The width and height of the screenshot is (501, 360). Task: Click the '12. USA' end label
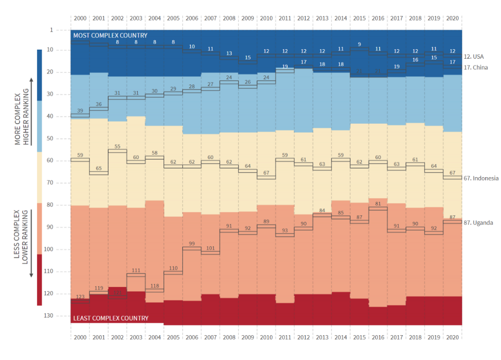point(473,56)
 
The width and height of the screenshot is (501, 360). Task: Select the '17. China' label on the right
point(476,67)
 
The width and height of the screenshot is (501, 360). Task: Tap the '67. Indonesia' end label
point(481,178)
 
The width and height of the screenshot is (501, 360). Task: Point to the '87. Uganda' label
point(478,222)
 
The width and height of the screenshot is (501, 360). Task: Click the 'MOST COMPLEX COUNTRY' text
point(110,35)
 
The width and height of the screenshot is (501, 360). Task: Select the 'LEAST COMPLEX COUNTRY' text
point(111,318)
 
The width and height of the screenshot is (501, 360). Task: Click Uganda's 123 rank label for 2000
point(80,296)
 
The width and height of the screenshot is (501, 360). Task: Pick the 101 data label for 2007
point(210,248)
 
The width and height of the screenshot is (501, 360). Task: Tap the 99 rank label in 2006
point(191,244)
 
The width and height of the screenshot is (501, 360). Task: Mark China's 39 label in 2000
point(80,110)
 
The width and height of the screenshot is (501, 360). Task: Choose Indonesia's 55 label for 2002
point(117,147)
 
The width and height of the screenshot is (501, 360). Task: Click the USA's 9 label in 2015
point(359,44)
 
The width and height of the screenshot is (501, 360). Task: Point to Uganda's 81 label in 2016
point(378,204)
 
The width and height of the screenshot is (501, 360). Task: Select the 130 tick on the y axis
point(49,316)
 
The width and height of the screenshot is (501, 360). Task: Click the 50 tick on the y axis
point(50,138)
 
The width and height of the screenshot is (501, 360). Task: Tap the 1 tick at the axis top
point(52,30)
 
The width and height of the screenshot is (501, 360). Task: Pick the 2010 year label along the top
point(266,18)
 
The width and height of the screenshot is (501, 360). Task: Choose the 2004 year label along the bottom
point(155,337)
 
